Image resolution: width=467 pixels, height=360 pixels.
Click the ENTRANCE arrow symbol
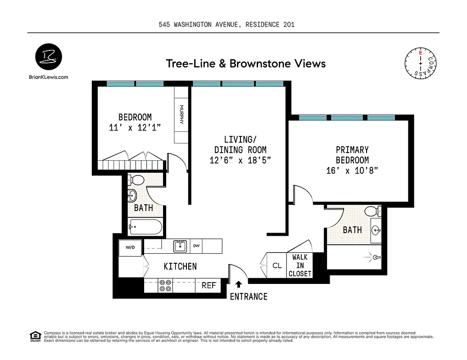239,284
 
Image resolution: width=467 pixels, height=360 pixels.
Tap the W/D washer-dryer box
130,247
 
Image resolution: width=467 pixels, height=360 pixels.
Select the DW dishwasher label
196,246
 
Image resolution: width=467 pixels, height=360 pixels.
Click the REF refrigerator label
209,285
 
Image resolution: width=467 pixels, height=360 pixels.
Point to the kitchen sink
180,246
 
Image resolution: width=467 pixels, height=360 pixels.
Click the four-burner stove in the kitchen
165,285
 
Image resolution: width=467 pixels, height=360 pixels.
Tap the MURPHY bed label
181,115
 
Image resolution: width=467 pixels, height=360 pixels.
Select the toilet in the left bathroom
136,180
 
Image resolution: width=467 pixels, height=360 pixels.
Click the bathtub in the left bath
145,227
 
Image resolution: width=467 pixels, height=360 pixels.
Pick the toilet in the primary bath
372,211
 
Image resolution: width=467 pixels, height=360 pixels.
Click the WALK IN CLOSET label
299,265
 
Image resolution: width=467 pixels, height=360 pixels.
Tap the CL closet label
277,265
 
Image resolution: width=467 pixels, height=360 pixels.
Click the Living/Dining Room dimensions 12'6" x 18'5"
240,160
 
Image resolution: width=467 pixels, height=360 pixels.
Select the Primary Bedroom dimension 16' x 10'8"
352,171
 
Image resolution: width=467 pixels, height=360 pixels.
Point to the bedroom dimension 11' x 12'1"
135,127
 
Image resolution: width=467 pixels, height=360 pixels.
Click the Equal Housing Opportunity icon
34,335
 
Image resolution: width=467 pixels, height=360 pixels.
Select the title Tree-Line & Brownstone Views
245,63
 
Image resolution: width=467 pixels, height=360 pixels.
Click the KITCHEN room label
180,266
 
